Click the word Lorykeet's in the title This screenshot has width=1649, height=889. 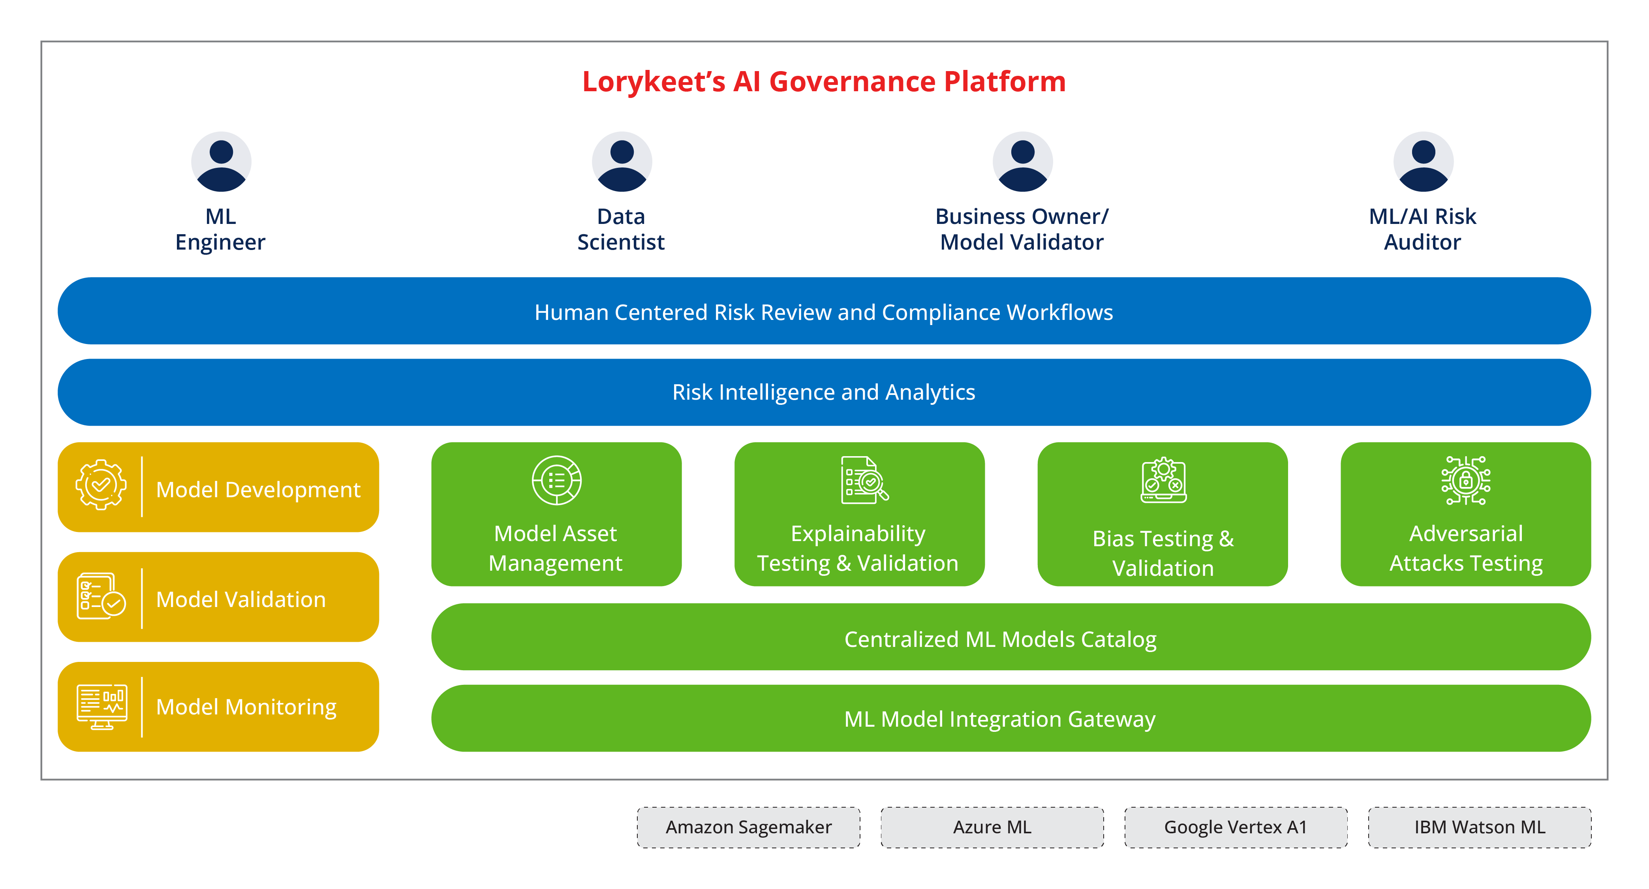653,81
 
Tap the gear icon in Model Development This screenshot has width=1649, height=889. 101,485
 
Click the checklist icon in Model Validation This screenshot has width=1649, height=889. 101,596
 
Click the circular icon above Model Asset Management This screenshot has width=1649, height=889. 556,480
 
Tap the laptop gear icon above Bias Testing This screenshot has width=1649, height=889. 1163,480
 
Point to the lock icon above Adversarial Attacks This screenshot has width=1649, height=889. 1465,480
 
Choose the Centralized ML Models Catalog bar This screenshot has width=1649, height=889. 1011,637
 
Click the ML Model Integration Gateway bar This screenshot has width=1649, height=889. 1011,718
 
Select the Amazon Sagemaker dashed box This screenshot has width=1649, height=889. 748,827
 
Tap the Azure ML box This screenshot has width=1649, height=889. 992,827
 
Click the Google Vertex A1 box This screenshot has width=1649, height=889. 1236,827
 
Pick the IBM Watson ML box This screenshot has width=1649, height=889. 1479,827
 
